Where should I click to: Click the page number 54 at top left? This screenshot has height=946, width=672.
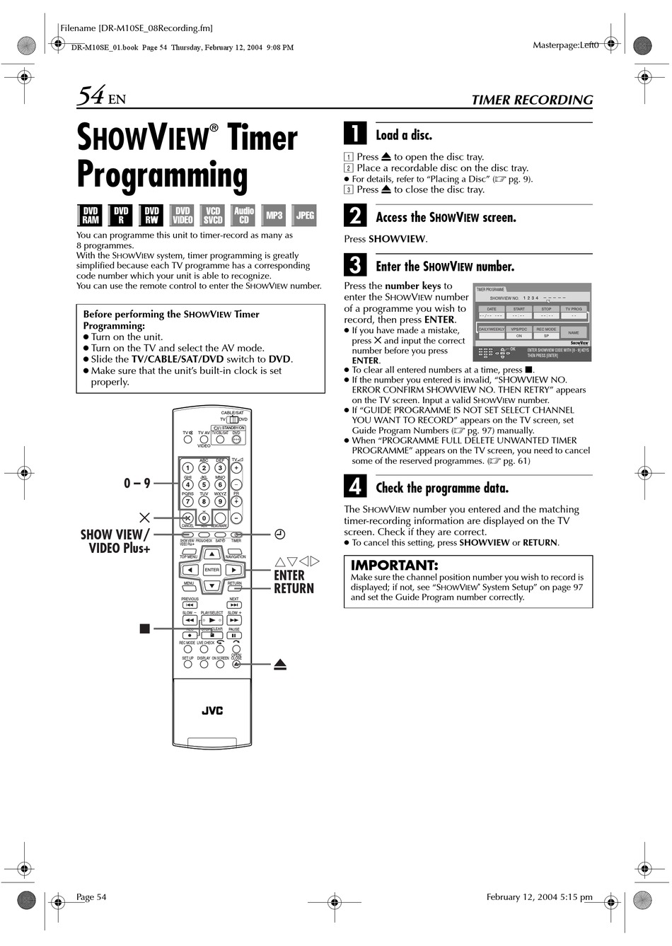pyautogui.click(x=92, y=95)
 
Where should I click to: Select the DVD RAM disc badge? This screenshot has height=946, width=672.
pyautogui.click(x=91, y=215)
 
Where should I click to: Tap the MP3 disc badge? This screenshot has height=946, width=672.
pyautogui.click(x=274, y=215)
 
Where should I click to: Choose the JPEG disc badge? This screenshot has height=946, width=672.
pyautogui.click(x=305, y=215)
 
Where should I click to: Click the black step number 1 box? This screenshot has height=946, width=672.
pyautogui.click(x=355, y=134)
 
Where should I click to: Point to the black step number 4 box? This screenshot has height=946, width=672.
pyautogui.click(x=355, y=486)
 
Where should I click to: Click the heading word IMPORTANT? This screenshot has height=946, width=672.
pyautogui.click(x=394, y=565)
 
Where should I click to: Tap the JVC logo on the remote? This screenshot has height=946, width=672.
pyautogui.click(x=212, y=711)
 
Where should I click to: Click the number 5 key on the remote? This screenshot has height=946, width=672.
pyautogui.click(x=204, y=485)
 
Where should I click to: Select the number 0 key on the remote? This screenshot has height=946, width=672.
pyautogui.click(x=204, y=518)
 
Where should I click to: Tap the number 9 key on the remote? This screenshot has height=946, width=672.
pyautogui.click(x=220, y=501)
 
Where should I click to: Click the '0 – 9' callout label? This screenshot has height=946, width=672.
pyautogui.click(x=137, y=483)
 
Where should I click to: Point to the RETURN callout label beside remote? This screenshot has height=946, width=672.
pyautogui.click(x=294, y=588)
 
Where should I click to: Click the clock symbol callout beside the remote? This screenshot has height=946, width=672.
pyautogui.click(x=279, y=535)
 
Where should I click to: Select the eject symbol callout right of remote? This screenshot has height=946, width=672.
pyautogui.click(x=279, y=665)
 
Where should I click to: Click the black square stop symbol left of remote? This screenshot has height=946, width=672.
pyautogui.click(x=145, y=628)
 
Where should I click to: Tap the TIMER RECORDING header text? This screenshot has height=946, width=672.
pyautogui.click(x=532, y=100)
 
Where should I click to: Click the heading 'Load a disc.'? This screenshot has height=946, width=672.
pyautogui.click(x=403, y=135)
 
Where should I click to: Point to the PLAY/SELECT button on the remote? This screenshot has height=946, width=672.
pyautogui.click(x=212, y=620)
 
